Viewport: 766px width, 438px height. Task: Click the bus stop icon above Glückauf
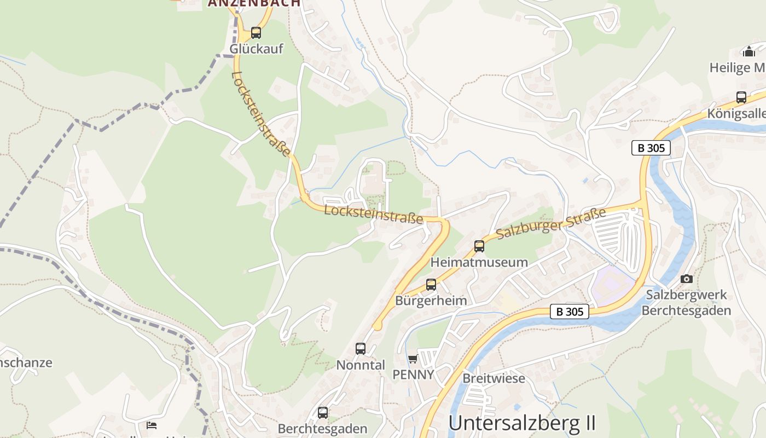coord(256,33)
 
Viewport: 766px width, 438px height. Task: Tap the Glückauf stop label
coord(256,49)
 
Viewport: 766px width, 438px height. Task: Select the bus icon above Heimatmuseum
coord(479,246)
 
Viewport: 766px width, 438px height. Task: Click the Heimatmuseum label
coord(479,262)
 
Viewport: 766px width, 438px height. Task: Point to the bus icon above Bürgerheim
coord(431,285)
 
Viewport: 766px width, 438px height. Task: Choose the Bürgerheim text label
coord(431,301)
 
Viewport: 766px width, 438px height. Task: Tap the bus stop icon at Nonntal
coord(361,349)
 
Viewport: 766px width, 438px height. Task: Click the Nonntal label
coord(361,365)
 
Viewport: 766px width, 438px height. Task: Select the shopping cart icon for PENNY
coord(413,359)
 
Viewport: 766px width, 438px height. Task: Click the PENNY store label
coord(413,374)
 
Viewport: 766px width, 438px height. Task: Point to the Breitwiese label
coord(494,378)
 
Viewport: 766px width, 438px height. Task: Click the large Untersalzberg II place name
coord(522,423)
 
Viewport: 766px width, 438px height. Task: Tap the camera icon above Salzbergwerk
coord(687,279)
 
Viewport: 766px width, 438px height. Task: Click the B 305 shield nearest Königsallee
coord(651,148)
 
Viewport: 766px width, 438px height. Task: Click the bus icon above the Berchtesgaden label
coord(323,413)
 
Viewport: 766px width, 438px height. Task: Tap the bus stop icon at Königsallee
coord(741,97)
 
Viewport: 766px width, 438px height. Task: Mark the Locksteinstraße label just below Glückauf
coord(260,114)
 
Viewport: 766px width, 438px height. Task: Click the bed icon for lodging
coord(152,425)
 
